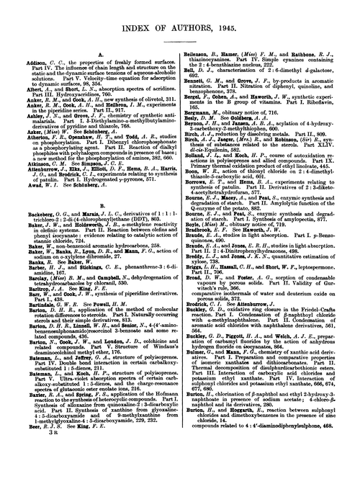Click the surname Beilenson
pos(204,43)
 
